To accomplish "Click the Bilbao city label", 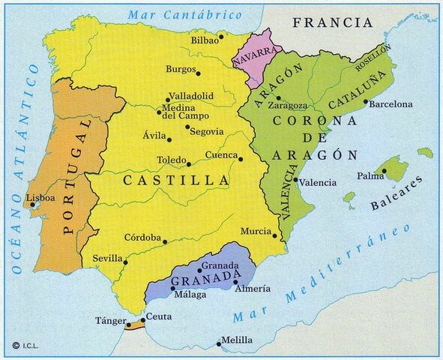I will (204, 40).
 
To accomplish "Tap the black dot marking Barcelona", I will (366, 102).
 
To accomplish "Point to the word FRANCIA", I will (333, 22).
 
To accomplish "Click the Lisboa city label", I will (40, 198).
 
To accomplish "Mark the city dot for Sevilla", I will (125, 262).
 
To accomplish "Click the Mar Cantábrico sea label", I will (185, 14).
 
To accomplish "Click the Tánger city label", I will (106, 320).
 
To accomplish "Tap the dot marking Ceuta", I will (142, 320).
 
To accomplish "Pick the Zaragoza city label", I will (288, 106).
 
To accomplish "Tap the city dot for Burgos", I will (198, 73).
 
